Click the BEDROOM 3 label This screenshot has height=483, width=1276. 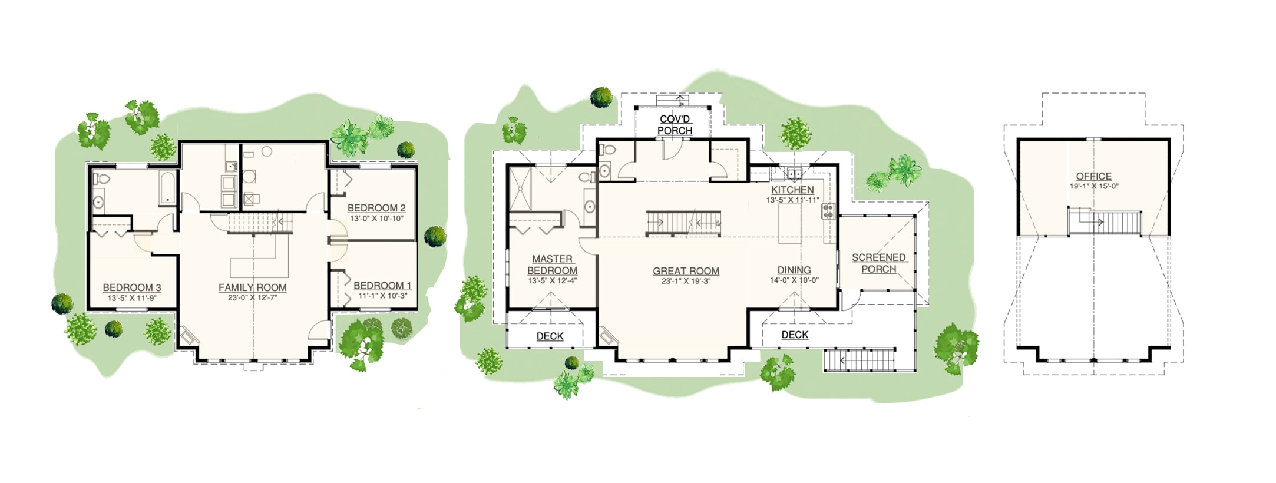[132, 287]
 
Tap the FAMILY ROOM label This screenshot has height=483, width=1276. [253, 287]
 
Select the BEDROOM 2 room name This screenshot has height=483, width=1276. [376, 208]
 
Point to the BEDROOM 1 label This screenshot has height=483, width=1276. [382, 286]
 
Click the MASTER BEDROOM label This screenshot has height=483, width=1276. [552, 264]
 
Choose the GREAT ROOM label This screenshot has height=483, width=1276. [686, 271]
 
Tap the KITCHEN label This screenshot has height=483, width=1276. [793, 190]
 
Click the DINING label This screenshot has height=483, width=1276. [794, 270]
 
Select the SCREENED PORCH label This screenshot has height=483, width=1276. [879, 263]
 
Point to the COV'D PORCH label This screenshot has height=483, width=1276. [675, 125]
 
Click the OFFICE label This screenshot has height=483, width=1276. [1094, 176]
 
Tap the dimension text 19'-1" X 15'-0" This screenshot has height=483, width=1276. [1094, 186]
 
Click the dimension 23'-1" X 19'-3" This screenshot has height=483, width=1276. [686, 281]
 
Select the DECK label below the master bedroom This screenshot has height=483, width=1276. [550, 336]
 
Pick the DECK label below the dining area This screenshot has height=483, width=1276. [795, 335]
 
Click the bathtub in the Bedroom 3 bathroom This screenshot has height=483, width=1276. [168, 188]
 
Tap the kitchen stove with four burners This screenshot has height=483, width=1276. [829, 211]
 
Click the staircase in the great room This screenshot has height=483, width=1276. [684, 223]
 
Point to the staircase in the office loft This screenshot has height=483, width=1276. [1105, 221]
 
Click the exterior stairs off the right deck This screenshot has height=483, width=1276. [860, 360]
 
